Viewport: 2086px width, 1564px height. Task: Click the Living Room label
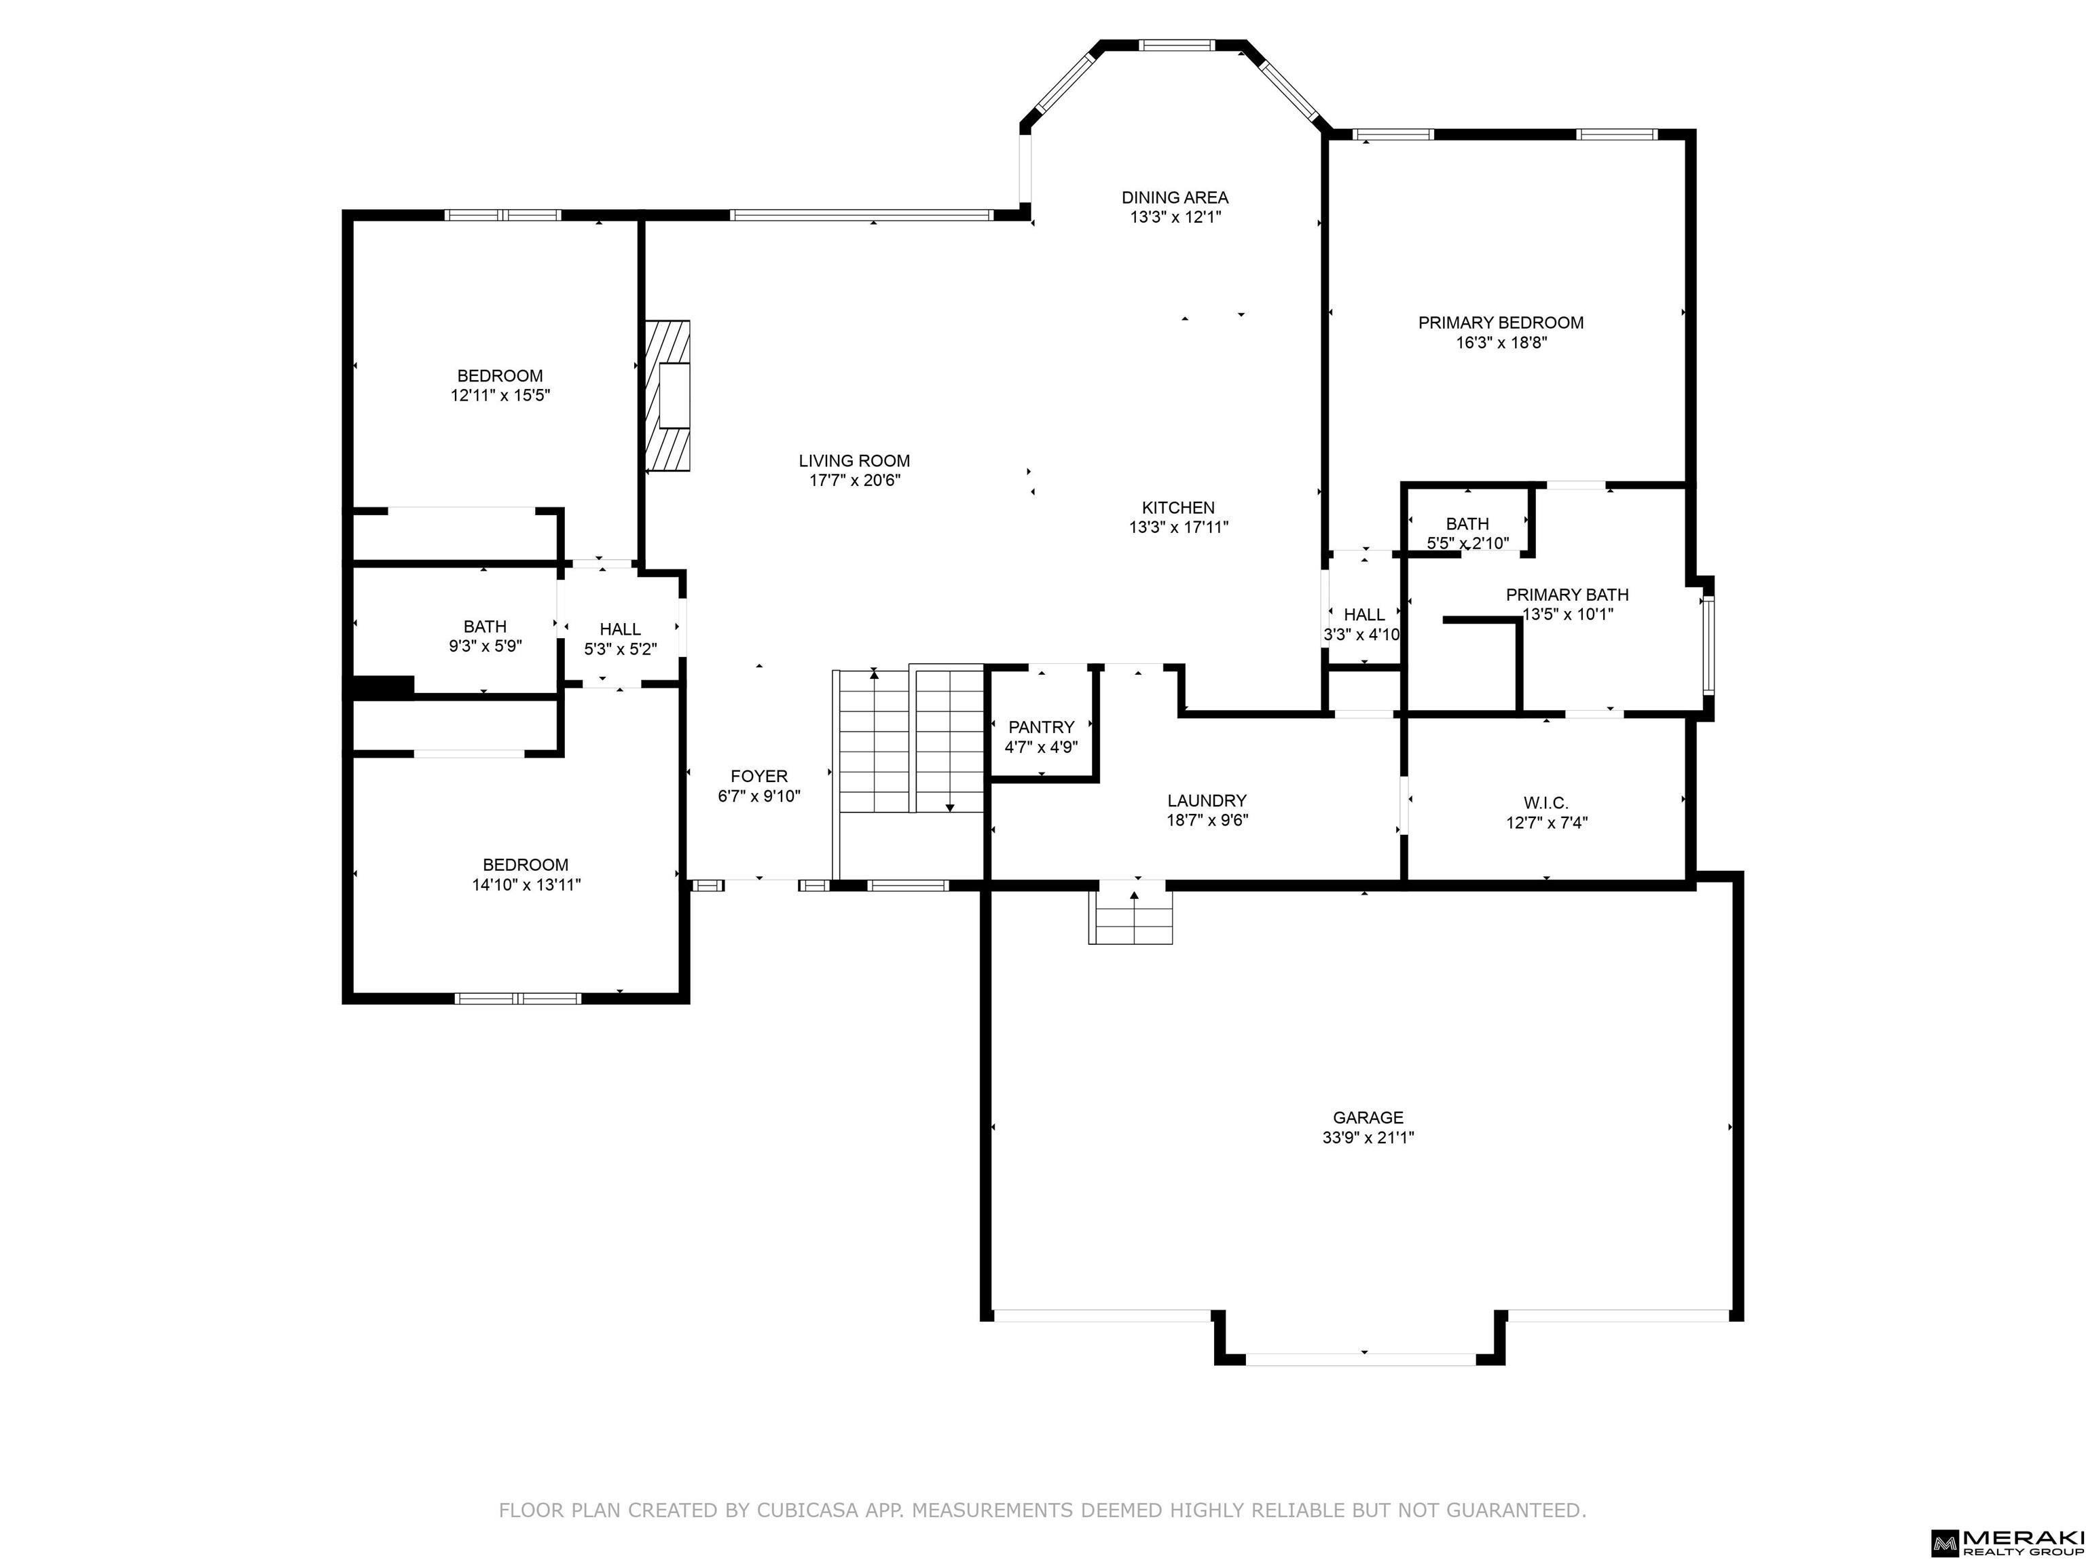854,461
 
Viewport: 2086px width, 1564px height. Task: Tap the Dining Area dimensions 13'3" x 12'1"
1175,217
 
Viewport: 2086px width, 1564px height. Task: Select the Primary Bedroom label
1501,322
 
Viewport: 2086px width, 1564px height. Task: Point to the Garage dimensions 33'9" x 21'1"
1368,1138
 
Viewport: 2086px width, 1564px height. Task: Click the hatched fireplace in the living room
667,396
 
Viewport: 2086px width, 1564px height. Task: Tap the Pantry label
1041,727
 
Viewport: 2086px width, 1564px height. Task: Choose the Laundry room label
1207,800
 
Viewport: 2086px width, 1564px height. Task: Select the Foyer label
759,776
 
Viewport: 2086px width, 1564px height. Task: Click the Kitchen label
1178,507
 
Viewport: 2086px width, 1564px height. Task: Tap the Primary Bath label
1567,594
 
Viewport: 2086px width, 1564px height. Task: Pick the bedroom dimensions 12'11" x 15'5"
500,395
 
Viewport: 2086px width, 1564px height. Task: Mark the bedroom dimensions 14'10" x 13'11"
526,885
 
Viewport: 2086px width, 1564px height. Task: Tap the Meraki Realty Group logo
2007,1542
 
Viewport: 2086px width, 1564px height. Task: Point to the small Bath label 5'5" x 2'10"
1467,523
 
